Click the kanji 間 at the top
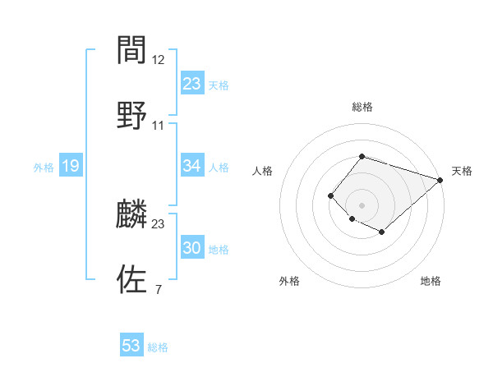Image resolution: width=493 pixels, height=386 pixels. (x=132, y=51)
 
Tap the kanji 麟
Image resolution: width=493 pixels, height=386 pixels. (x=132, y=214)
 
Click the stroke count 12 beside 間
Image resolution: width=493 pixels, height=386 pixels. (x=159, y=60)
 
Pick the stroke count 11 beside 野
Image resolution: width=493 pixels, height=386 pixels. (x=159, y=125)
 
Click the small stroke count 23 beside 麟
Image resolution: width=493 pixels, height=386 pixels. (x=159, y=223)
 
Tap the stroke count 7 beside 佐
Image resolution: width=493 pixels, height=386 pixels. (x=159, y=288)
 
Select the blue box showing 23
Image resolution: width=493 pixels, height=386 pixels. (x=192, y=84)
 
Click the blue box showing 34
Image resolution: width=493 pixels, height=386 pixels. (x=192, y=166)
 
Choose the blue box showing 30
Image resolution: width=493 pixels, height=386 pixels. (x=192, y=248)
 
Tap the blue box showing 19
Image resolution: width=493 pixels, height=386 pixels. (x=71, y=166)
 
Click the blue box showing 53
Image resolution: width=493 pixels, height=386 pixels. (x=131, y=346)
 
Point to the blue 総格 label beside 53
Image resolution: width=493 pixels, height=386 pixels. (x=158, y=347)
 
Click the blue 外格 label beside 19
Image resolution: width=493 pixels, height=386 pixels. (x=44, y=167)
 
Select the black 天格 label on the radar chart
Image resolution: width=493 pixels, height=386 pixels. (x=462, y=171)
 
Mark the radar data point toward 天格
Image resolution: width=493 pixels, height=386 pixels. (x=440, y=180)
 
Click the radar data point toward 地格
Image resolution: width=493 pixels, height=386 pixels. (x=382, y=232)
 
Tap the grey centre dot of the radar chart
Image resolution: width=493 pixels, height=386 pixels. (x=362, y=204)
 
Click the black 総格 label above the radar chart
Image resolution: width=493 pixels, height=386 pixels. (x=362, y=107)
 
